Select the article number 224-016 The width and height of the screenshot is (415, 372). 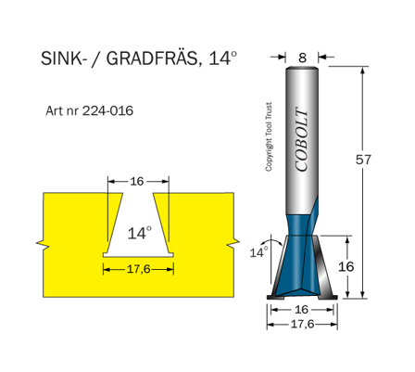(108, 110)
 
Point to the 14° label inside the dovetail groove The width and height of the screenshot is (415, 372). (138, 233)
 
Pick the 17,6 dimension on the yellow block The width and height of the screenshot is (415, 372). (138, 269)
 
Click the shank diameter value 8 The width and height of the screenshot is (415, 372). (302, 57)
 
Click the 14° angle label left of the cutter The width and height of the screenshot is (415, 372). (258, 250)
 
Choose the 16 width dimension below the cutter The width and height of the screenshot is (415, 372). (302, 310)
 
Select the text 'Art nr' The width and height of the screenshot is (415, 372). (62, 110)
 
